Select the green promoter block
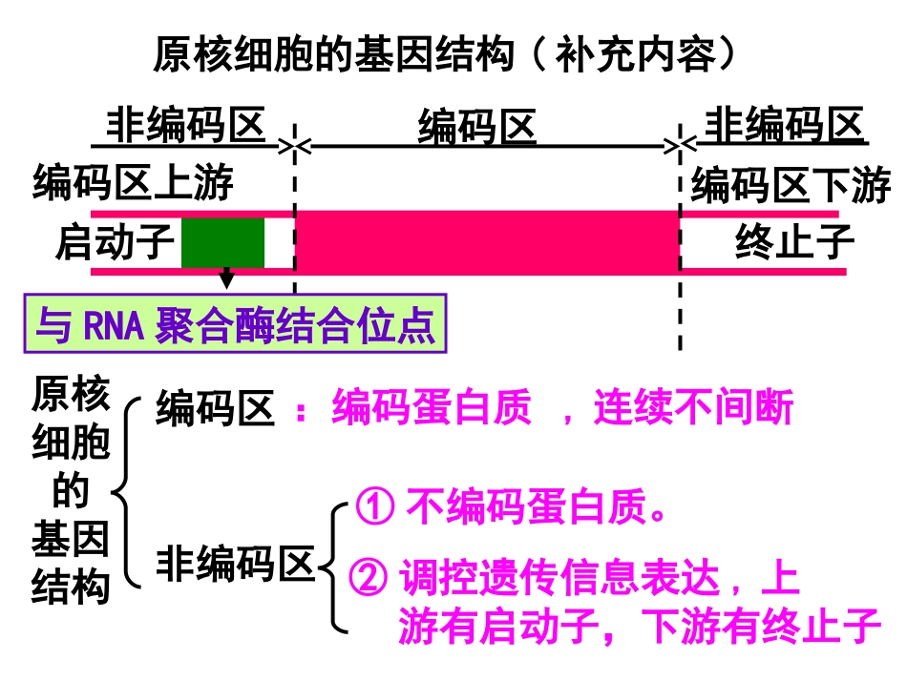click(222, 242)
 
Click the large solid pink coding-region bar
click(487, 242)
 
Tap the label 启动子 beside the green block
click(114, 242)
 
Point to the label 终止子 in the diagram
click(794, 242)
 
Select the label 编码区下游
click(791, 185)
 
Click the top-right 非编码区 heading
click(783, 125)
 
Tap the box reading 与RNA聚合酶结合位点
click(235, 326)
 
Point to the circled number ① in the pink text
click(375, 507)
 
